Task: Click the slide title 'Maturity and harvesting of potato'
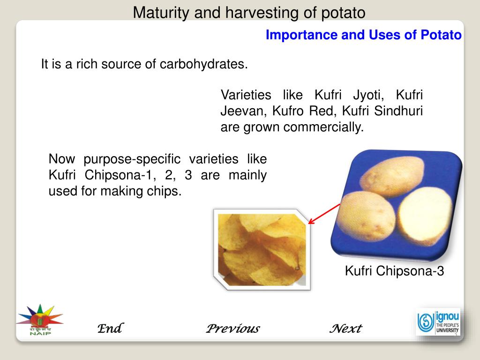coord(249,13)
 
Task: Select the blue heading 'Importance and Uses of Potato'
coord(363,35)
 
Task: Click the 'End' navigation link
coord(110,328)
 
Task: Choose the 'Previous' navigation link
coord(232,328)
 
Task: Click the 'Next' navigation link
coord(345,328)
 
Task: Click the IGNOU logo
coord(438,322)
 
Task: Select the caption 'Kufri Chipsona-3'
coord(394,271)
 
